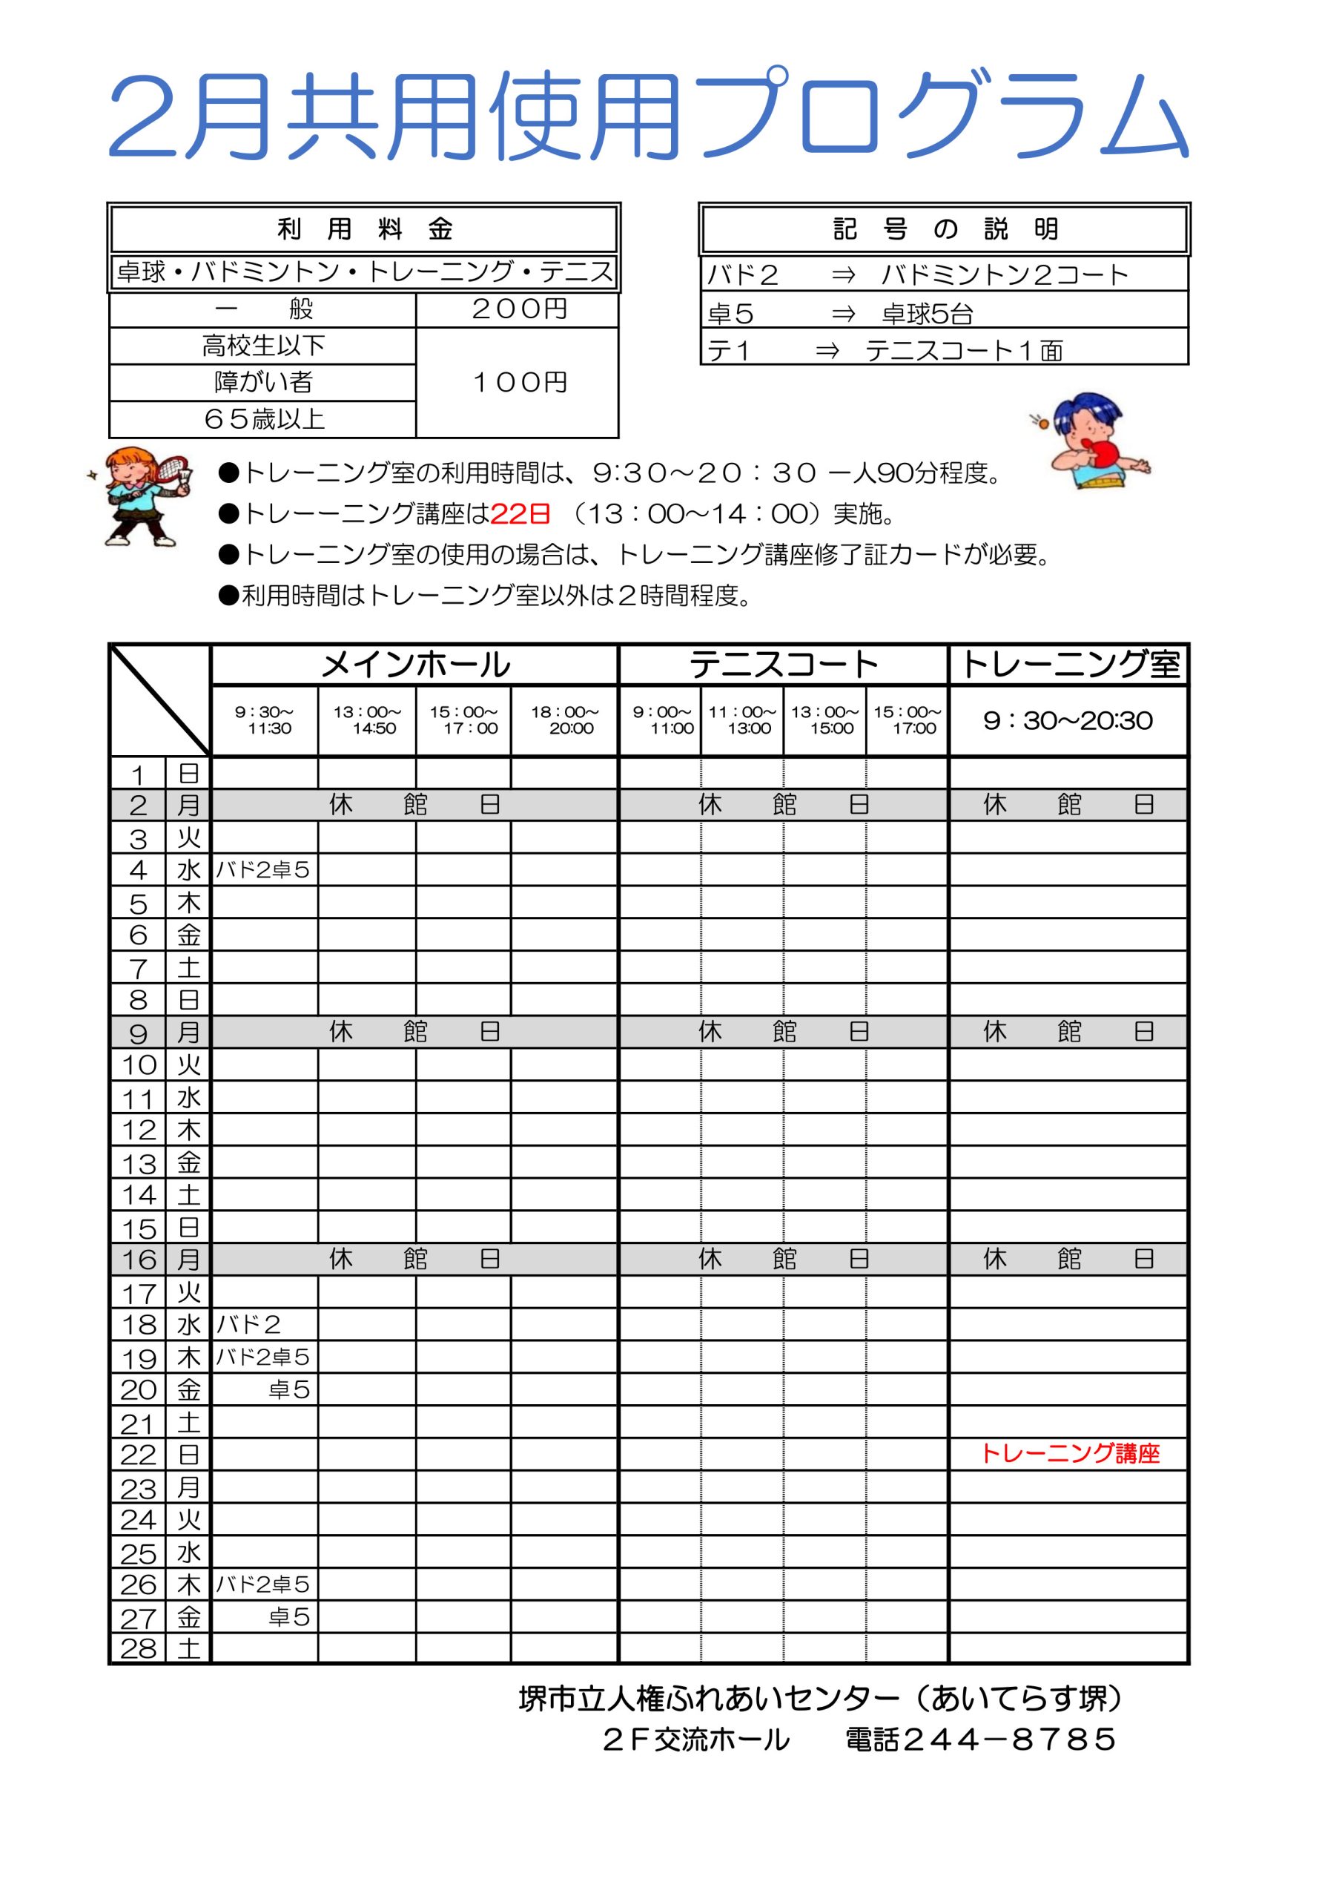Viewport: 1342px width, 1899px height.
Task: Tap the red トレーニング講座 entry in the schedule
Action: click(1070, 1453)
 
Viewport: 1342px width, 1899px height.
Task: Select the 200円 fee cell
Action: click(518, 309)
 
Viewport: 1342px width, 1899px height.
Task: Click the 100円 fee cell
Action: click(518, 382)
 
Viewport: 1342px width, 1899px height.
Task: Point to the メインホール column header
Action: click(415, 665)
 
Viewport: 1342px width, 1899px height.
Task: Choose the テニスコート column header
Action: click(782, 665)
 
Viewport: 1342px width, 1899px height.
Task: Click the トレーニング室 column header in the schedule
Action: click(1069, 665)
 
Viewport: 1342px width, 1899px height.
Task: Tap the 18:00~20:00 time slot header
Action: click(564, 720)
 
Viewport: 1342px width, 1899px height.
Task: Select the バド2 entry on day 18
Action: click(248, 1325)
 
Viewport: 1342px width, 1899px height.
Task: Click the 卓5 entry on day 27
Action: click(288, 1616)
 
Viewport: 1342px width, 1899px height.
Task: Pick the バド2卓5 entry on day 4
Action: click(262, 870)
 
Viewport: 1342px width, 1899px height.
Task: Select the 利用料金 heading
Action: click(364, 229)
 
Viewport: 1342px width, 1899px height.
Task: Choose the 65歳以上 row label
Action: click(263, 419)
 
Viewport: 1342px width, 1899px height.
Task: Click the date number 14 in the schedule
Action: click(138, 1195)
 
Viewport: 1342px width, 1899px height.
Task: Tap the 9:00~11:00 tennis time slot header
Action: click(661, 720)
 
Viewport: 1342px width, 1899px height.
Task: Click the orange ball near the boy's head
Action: click(1043, 424)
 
